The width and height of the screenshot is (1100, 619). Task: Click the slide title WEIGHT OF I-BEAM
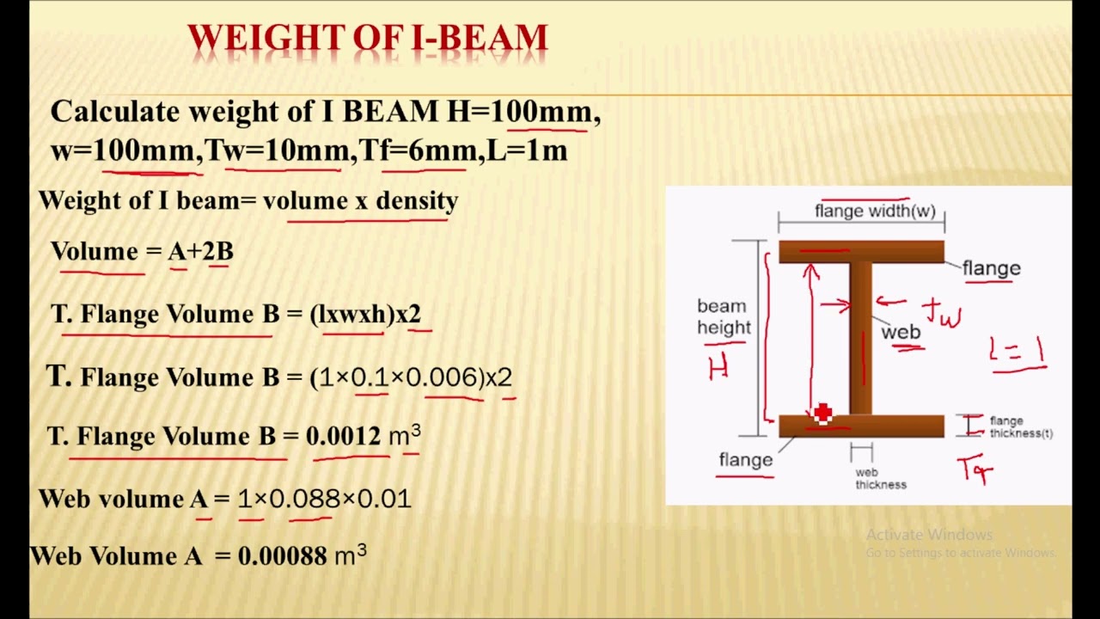click(367, 39)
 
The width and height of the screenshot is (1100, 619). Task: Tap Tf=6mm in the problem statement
click(418, 151)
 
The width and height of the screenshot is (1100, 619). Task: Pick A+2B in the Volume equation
click(200, 252)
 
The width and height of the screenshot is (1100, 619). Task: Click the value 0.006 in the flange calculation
click(445, 377)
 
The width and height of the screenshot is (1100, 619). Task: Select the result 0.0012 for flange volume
click(343, 437)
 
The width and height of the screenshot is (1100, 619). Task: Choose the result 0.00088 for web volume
click(283, 556)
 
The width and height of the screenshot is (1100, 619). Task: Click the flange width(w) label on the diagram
click(875, 211)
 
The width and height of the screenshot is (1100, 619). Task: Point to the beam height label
click(724, 317)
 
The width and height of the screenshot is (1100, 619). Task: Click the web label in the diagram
click(901, 333)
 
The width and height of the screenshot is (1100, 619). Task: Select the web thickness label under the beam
click(881, 479)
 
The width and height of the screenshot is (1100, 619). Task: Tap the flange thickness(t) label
click(1020, 427)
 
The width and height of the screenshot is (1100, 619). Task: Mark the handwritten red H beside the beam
click(718, 369)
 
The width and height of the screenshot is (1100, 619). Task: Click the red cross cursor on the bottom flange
click(822, 414)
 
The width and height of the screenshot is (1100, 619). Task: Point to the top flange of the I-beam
click(861, 252)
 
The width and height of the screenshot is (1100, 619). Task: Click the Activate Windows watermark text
click(929, 535)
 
